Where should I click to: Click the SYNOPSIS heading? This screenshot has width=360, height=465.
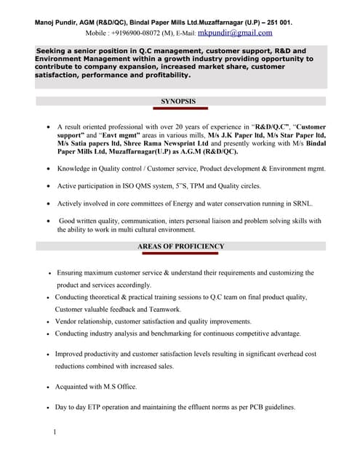pos(178,102)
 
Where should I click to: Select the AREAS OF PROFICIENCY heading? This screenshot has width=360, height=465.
pos(181,246)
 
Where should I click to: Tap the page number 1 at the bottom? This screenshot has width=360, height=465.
pos(55,433)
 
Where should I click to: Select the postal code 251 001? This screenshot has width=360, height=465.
pos(275,23)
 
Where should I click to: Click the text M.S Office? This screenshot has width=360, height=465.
pos(117,387)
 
